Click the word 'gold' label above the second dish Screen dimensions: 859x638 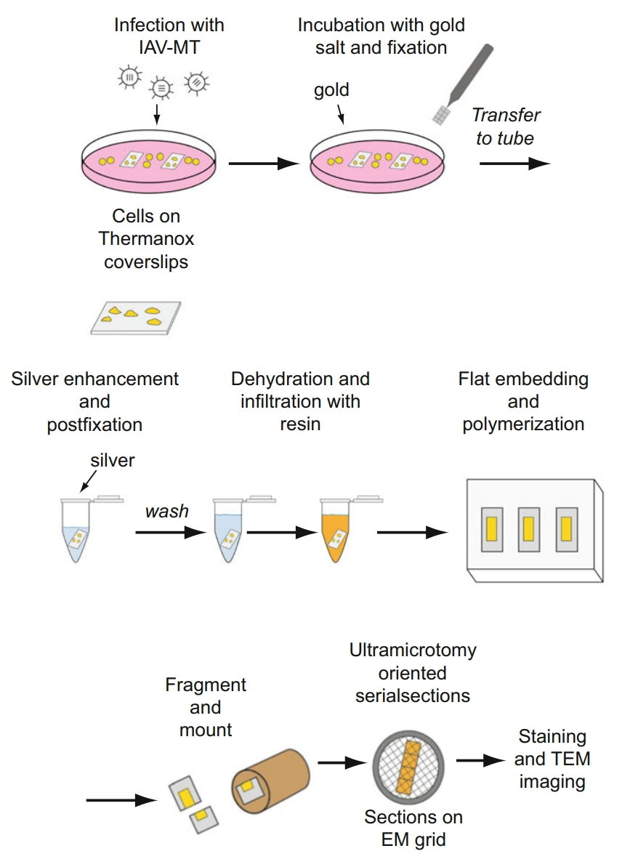coord(331,90)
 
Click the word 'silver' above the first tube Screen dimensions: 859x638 coord(113,460)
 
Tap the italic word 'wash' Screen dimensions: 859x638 coord(167,511)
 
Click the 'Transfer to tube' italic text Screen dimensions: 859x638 coord(506,126)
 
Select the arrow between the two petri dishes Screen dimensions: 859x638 coord(263,164)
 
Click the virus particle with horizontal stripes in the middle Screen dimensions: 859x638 coord(161,87)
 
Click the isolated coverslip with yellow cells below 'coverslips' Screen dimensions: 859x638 coord(135,316)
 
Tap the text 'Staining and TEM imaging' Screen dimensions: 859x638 coord(552,759)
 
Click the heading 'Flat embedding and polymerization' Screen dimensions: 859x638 coord(523,401)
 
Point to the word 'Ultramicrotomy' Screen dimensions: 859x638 coord(413,650)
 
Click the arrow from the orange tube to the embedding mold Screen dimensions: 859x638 coord(411,532)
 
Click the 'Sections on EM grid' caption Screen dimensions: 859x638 coord(413,828)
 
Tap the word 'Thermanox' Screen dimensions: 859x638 coord(147,238)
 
